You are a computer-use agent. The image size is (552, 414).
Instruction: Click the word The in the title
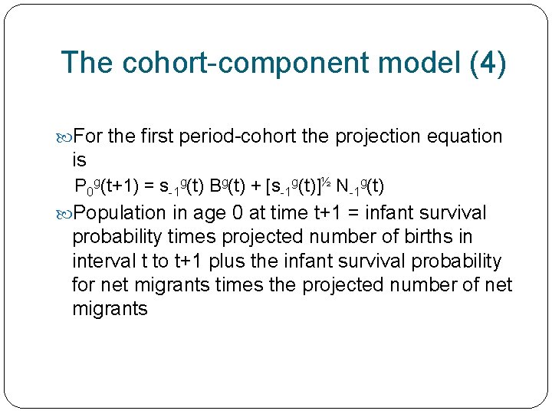(86, 63)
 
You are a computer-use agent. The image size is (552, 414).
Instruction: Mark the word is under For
(79, 160)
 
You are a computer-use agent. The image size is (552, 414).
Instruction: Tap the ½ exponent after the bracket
(326, 182)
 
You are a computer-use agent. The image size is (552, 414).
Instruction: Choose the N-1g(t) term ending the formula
(360, 186)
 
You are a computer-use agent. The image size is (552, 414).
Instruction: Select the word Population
(120, 212)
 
